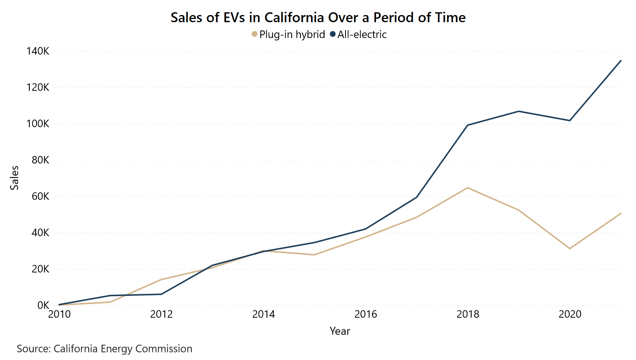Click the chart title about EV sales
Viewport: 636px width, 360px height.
click(318, 18)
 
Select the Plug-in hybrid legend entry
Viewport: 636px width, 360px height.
click(288, 34)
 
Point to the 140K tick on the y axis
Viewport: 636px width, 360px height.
click(38, 51)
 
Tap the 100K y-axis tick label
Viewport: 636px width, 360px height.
click(38, 124)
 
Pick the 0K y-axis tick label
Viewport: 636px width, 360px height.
click(43, 305)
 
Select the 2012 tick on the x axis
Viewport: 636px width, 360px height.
click(161, 314)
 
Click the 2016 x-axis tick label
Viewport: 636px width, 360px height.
click(366, 314)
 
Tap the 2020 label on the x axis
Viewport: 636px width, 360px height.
click(570, 314)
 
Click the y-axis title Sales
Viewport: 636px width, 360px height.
click(15, 178)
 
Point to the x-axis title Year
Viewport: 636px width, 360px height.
click(340, 331)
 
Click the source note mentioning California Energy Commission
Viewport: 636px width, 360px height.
click(104, 349)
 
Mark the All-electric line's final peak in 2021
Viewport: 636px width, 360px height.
click(621, 61)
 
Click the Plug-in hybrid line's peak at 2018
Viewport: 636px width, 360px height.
click(468, 188)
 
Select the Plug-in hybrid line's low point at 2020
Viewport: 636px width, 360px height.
click(570, 248)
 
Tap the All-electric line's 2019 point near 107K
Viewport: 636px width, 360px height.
click(519, 111)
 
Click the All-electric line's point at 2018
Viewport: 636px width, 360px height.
click(468, 125)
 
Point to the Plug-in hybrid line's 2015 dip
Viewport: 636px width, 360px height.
click(314, 255)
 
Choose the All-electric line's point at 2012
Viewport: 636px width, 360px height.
click(161, 294)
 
